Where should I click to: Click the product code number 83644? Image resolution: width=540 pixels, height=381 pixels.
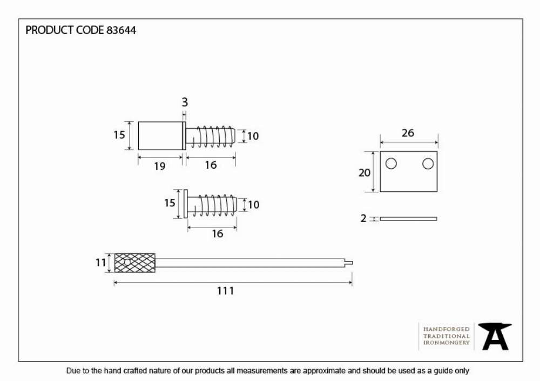pos(121,30)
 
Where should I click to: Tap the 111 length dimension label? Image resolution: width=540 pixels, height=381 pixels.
pos(226,290)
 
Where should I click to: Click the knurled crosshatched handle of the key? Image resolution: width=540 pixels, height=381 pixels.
pos(134,263)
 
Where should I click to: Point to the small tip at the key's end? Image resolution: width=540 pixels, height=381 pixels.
pos(349,263)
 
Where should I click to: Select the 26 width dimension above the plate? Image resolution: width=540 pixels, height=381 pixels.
pos(408,133)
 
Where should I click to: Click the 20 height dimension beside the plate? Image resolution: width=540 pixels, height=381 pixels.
pos(364,172)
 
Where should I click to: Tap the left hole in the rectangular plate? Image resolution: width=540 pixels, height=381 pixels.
pos(391,163)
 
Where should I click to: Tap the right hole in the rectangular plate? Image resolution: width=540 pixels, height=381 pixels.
pos(428,163)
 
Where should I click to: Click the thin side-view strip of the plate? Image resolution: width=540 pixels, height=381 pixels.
pos(408,218)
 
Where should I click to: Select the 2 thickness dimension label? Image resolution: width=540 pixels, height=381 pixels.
pos(363,218)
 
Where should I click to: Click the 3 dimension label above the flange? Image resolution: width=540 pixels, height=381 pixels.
pos(185,102)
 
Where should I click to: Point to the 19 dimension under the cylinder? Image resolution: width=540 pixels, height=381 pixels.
pos(160,167)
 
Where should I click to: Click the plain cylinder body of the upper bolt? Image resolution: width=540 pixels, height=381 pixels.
pos(160,136)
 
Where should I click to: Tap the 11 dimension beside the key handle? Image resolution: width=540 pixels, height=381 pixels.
pos(100,263)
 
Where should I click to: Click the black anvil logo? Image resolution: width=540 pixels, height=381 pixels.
pos(495,336)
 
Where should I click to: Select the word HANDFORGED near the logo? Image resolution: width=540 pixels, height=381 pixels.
pos(447,329)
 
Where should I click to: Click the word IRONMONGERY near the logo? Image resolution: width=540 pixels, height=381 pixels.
pos(447,343)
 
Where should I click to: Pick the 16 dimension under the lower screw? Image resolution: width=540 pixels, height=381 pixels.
pos(217,234)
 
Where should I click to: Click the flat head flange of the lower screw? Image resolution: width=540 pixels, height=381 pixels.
pos(186,204)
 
